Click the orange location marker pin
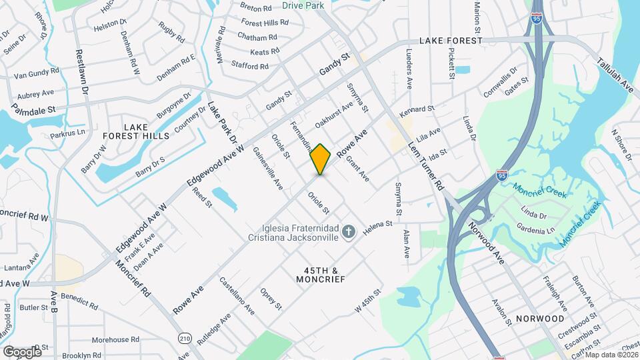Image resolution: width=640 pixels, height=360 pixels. click(321, 159)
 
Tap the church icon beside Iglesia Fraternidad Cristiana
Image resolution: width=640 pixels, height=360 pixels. click(347, 232)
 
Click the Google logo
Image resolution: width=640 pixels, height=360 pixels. click(21, 351)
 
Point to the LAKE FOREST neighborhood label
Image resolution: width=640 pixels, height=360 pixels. click(450, 41)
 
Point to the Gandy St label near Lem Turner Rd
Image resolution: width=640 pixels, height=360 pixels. click(335, 65)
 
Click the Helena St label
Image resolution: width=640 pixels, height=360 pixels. click(377, 228)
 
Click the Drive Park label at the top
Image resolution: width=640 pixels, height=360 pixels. click(303, 5)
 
